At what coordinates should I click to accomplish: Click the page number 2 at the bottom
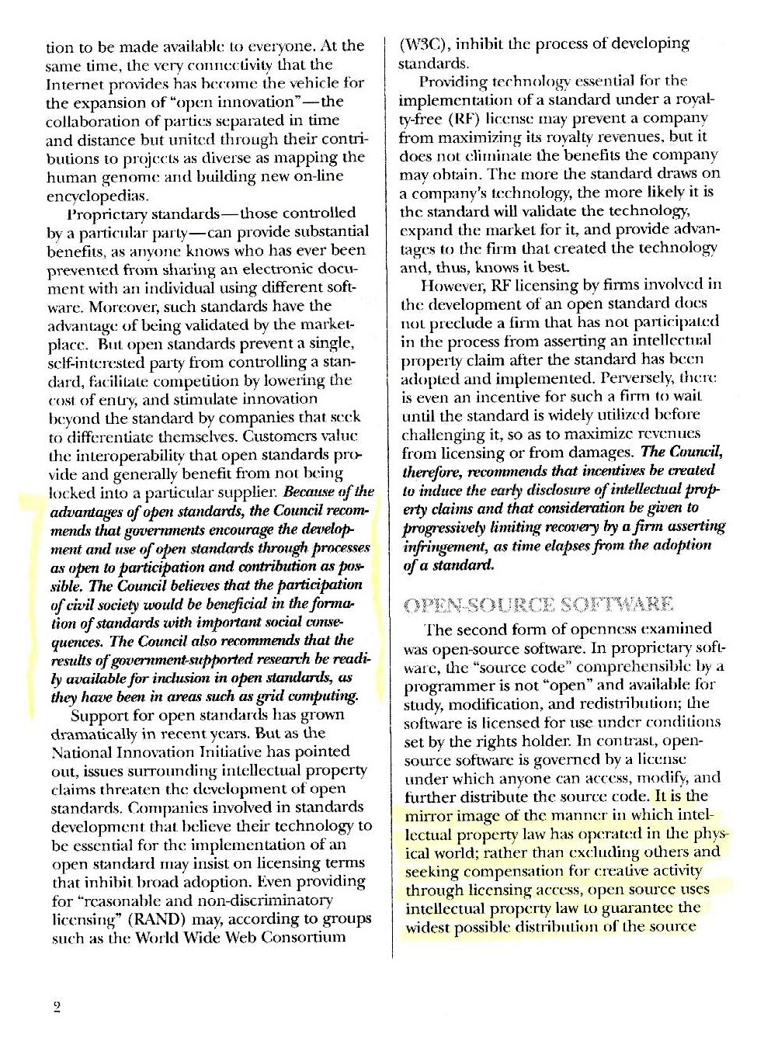pos(57,1008)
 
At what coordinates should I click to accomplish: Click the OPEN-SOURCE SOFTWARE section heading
pos(537,605)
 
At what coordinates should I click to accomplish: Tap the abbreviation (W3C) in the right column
pos(421,44)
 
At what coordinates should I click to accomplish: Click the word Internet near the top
pos(73,83)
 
